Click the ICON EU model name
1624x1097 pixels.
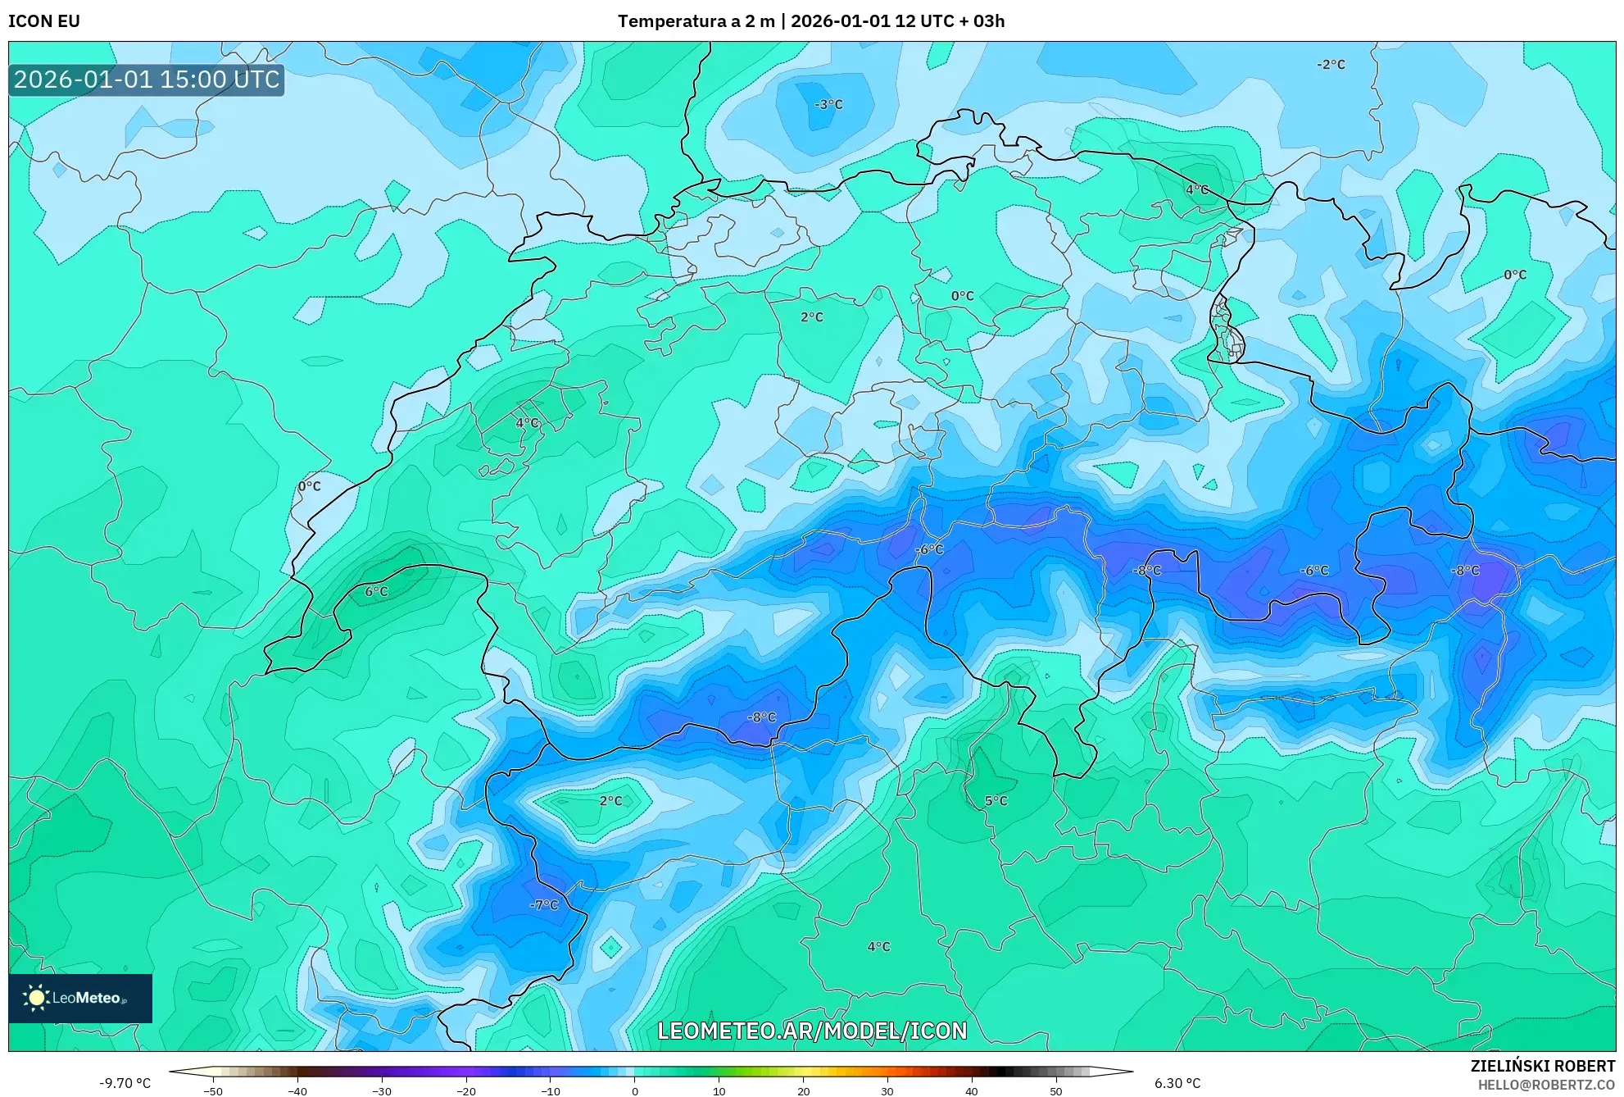point(44,21)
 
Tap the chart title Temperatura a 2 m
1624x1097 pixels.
point(696,21)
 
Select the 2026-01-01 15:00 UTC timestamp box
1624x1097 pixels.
point(147,80)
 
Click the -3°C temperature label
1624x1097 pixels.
point(828,104)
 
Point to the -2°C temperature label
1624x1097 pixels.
point(1331,64)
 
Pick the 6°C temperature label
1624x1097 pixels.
point(376,591)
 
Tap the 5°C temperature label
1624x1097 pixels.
point(996,800)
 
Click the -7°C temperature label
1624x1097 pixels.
point(544,904)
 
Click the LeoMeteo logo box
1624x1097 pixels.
point(80,998)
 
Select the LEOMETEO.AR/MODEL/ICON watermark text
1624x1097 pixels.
point(812,1031)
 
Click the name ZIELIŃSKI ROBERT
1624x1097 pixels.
point(1543,1066)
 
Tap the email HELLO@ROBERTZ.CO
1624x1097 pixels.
point(1546,1085)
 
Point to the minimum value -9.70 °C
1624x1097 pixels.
point(125,1083)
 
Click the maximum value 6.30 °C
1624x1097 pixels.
point(1177,1083)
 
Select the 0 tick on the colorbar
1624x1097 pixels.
point(634,1091)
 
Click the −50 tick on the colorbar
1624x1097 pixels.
point(212,1091)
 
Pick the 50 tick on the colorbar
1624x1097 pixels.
point(1055,1091)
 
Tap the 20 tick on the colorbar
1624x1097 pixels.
point(803,1091)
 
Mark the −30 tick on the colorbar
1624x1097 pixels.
point(381,1091)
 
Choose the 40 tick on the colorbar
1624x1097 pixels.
point(971,1091)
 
